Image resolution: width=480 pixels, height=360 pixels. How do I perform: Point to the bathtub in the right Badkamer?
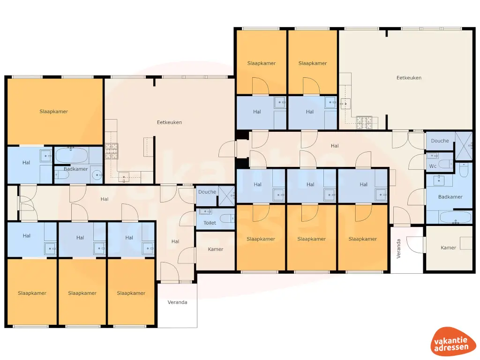[x=454, y=217]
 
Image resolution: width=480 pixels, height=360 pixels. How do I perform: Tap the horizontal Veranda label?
[x=178, y=302]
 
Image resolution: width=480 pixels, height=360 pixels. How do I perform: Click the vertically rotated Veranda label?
[x=399, y=249]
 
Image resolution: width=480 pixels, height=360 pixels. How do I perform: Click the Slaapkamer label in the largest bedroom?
[x=53, y=112]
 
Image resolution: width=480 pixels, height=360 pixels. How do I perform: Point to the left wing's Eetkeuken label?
[x=169, y=122]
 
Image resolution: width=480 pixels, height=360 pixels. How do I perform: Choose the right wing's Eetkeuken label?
[x=409, y=78]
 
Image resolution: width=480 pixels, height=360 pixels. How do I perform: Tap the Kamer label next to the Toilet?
[x=216, y=249]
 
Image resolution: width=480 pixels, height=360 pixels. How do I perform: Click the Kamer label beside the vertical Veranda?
[x=449, y=247]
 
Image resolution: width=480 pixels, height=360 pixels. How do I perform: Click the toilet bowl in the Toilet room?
[x=228, y=218]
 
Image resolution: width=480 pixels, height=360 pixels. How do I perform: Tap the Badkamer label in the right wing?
[x=450, y=197]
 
